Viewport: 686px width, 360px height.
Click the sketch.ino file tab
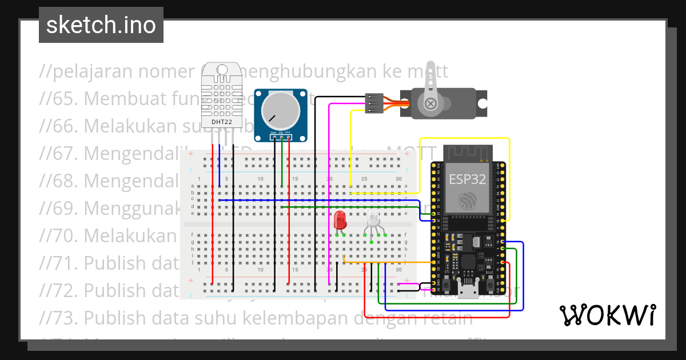coord(101,25)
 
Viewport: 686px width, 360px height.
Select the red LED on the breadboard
coord(340,219)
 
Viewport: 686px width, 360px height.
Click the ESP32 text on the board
coord(467,179)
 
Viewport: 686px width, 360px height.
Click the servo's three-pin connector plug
coord(373,103)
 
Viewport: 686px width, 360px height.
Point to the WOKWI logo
coord(607,315)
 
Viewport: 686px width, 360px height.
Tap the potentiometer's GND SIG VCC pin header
coord(280,136)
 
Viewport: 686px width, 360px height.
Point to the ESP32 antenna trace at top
coord(468,153)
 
